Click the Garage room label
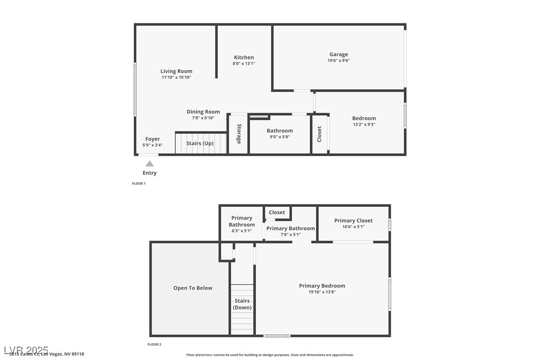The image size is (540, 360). tap(338, 54)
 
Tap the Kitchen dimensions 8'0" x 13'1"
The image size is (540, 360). tap(244, 64)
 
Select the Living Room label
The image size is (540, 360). tap(176, 71)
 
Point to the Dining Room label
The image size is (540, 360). tap(203, 112)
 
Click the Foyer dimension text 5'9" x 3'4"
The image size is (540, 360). tap(152, 145)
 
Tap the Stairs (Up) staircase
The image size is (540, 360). tap(200, 143)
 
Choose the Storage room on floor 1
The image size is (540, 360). tap(239, 134)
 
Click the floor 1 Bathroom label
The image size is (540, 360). tap(279, 131)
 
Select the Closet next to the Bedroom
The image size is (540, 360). tap(319, 134)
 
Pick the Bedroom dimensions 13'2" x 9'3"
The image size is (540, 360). tap(364, 124)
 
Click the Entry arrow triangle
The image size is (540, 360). tap(149, 163)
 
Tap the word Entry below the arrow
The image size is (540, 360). tap(149, 173)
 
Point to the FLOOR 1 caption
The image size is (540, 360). tap(139, 183)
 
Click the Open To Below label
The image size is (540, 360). tap(192, 288)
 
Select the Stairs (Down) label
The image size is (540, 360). tap(242, 304)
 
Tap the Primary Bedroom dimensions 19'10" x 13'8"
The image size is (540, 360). tap(322, 292)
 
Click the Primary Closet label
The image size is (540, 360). tap(353, 220)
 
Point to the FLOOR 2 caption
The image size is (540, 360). tap(154, 344)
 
